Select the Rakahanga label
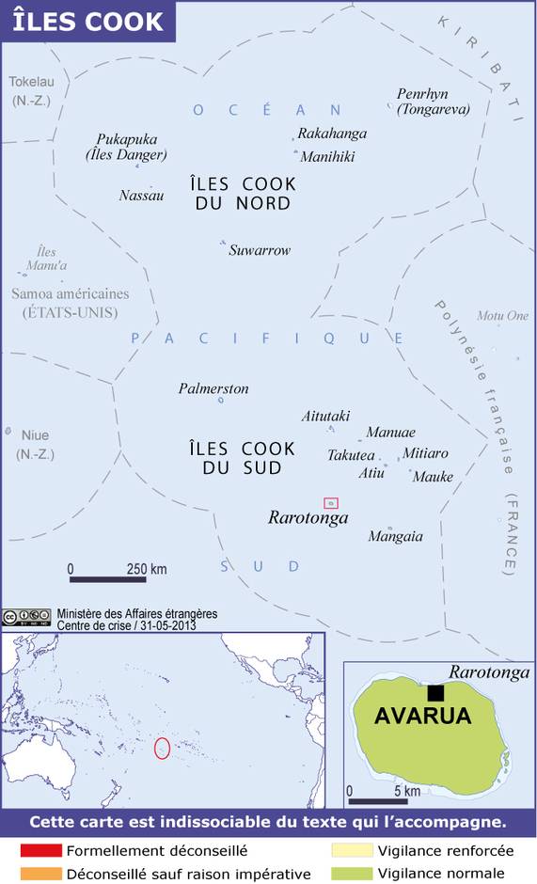pos(332,134)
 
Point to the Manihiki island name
pos(327,157)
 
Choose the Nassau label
pos(141,196)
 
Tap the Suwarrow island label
pos(260,251)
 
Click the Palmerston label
pos(213,388)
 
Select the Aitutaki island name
pos(325,416)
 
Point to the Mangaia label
pos(395,537)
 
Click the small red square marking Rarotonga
pos(330,503)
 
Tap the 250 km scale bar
pos(107,578)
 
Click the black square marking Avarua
pos(435,693)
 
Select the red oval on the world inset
pos(162,749)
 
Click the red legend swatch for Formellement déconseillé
pos(40,850)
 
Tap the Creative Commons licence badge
pos(25,618)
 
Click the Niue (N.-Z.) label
pos(34,444)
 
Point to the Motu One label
pos(503,316)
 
